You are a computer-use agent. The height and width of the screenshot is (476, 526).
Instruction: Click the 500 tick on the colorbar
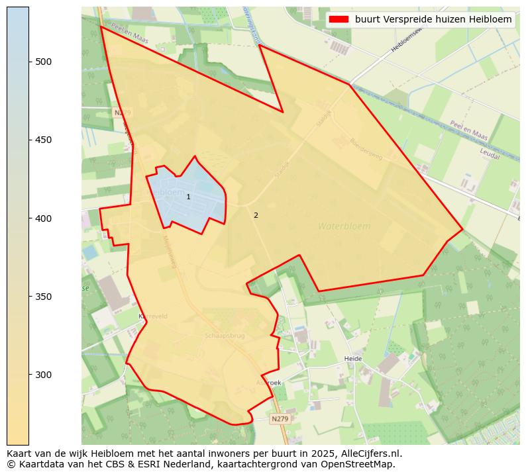(x=44, y=62)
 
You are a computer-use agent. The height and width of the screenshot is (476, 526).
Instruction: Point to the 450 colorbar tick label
(x=44, y=140)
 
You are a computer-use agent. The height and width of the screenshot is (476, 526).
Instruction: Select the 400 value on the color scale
(x=44, y=218)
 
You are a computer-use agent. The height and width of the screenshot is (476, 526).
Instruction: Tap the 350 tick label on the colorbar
(x=44, y=297)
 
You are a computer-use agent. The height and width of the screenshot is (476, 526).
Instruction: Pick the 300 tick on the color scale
(x=44, y=375)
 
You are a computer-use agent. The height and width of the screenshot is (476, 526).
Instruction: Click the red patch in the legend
(x=339, y=20)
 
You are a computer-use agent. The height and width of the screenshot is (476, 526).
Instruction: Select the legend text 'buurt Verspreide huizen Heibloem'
(x=433, y=20)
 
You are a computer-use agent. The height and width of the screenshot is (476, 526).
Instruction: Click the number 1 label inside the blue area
(x=188, y=197)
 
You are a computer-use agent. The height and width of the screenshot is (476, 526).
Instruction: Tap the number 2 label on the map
(x=256, y=215)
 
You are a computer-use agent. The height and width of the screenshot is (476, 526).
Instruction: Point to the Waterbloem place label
(x=344, y=226)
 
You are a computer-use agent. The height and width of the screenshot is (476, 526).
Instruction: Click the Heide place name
(x=353, y=359)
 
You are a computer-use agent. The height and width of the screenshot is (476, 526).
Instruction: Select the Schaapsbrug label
(x=225, y=336)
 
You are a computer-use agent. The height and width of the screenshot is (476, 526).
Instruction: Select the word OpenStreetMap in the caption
(x=361, y=464)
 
